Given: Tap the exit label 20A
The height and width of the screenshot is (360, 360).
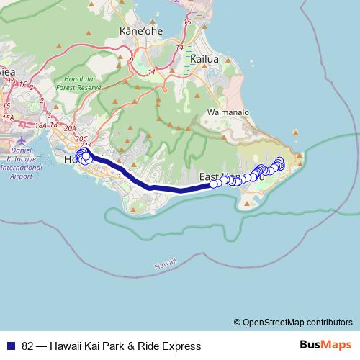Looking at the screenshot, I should pyautogui.click(x=70, y=128).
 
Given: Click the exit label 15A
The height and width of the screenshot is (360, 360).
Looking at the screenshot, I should pyautogui.click(x=8, y=117).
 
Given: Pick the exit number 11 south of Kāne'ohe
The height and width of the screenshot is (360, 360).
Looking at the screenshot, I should pyautogui.click(x=153, y=72).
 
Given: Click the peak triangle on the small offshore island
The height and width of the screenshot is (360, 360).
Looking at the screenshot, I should pyautogui.click(x=295, y=133).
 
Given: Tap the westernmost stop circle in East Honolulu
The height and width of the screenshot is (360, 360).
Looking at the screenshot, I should pyautogui.click(x=214, y=184).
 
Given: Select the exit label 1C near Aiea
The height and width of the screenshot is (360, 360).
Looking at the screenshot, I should pyautogui.click(x=24, y=85).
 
